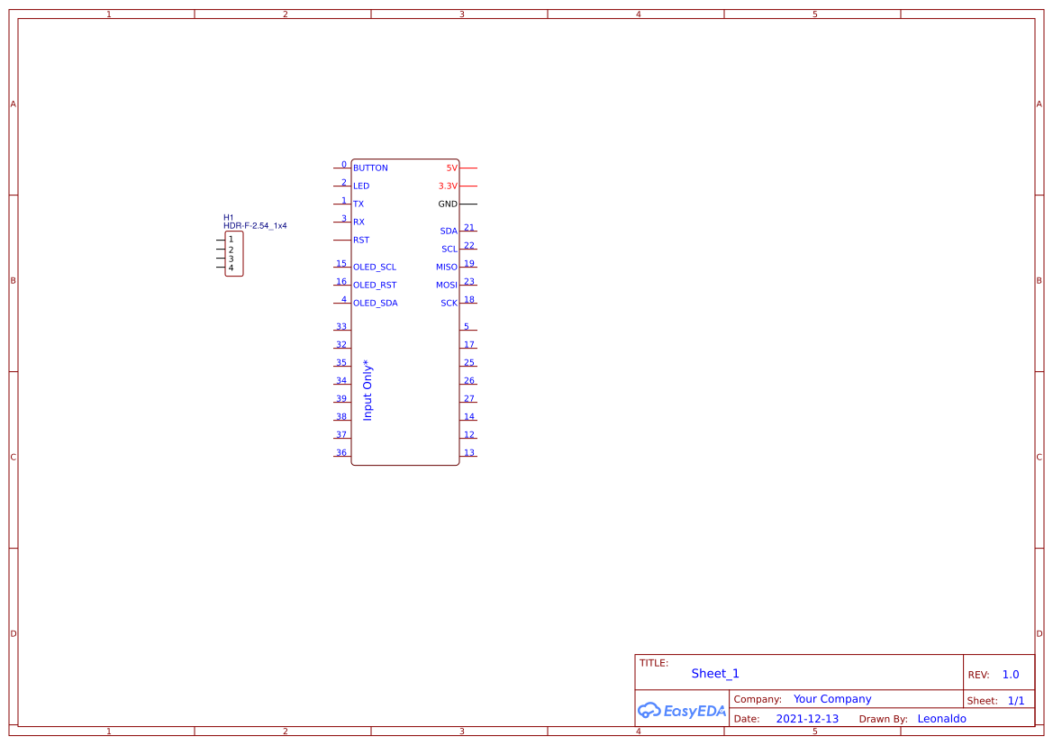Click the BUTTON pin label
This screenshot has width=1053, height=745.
pyautogui.click(x=370, y=168)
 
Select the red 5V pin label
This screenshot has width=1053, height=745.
pyautogui.click(x=451, y=168)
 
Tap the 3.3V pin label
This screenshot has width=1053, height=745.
pyautogui.click(x=448, y=186)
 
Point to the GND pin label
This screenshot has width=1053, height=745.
pyautogui.click(x=448, y=204)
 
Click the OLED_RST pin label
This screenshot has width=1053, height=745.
pyautogui.click(x=375, y=286)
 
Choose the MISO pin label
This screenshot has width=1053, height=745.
pyautogui.click(x=447, y=268)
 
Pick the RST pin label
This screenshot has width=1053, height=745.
pyautogui.click(x=361, y=241)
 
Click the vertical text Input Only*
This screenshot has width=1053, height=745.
pyautogui.click(x=368, y=390)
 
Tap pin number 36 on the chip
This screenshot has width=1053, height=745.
pyautogui.click(x=341, y=453)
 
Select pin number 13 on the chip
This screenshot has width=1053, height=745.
pyautogui.click(x=469, y=453)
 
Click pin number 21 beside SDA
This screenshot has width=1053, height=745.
pyautogui.click(x=469, y=228)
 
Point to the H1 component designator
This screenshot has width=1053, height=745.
pyautogui.click(x=229, y=217)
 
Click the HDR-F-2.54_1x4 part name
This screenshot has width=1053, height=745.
pyautogui.click(x=255, y=226)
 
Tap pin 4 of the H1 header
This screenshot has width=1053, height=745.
pyautogui.click(x=231, y=268)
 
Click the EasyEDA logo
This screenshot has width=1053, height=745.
pyautogui.click(x=682, y=711)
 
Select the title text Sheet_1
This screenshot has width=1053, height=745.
pyautogui.click(x=715, y=674)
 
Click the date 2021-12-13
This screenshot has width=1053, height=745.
pyautogui.click(x=807, y=719)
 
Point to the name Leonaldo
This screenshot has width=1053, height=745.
pyautogui.click(x=941, y=719)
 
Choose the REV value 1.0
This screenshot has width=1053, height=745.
pyautogui.click(x=1011, y=675)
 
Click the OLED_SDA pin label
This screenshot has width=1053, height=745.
pyautogui.click(x=376, y=304)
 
